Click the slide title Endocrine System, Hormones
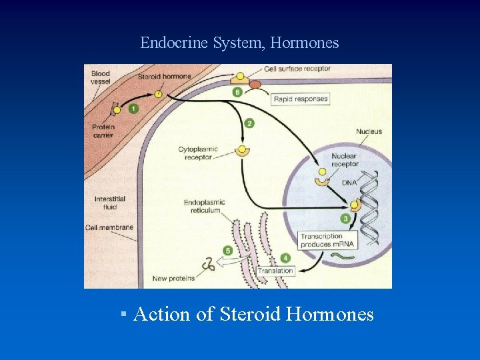click(x=239, y=43)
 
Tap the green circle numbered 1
click(x=133, y=109)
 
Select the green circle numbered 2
click(x=249, y=123)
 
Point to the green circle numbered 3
click(x=345, y=219)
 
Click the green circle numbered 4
click(x=286, y=257)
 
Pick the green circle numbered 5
click(x=228, y=251)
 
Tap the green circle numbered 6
click(x=237, y=91)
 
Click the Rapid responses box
click(x=301, y=99)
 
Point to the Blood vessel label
click(x=101, y=77)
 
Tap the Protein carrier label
click(x=103, y=131)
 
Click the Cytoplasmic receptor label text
click(x=195, y=153)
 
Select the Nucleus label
click(x=369, y=131)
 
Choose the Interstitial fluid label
click(x=109, y=203)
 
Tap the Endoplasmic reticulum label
click(x=204, y=207)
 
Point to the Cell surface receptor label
click(x=297, y=69)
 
